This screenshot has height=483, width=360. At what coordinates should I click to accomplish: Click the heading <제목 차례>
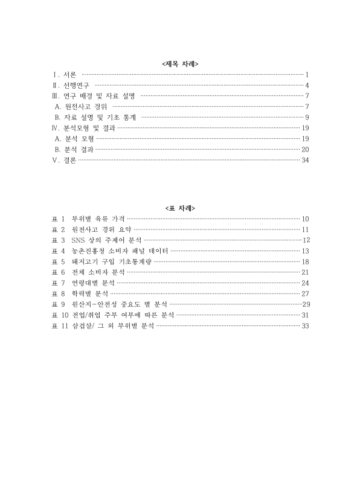tap(180, 63)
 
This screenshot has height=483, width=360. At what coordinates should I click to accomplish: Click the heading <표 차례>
tap(180, 208)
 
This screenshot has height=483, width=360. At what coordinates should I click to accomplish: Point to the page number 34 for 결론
tap(305, 160)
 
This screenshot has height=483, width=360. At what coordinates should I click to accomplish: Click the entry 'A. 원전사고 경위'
tap(82, 106)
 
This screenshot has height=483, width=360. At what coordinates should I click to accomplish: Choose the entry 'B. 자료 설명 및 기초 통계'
tap(95, 117)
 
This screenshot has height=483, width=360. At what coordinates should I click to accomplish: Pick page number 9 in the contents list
tap(307, 117)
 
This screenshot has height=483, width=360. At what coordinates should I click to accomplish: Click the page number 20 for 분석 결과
tap(305, 149)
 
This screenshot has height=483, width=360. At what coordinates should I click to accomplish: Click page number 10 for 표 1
tap(305, 219)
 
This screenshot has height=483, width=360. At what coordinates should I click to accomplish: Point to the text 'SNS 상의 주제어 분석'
tap(106, 240)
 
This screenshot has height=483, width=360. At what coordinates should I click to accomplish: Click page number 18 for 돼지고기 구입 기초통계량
tap(305, 261)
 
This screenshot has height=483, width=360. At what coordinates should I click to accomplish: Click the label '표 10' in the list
tap(60, 315)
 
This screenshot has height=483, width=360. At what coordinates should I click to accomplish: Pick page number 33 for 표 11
tap(305, 326)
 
